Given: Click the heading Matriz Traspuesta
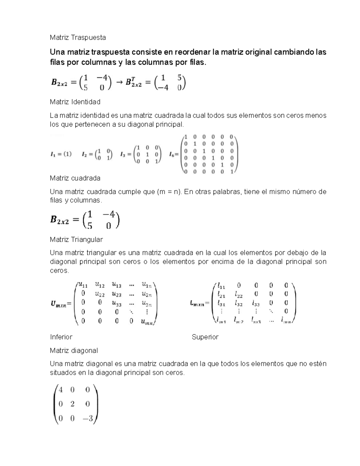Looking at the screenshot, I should (x=78, y=38).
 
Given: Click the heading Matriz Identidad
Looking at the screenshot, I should (x=75, y=102).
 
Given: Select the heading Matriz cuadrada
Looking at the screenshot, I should (x=75, y=178).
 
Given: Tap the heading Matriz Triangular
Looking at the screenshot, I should (x=76, y=239).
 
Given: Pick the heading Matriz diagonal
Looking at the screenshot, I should (x=74, y=350).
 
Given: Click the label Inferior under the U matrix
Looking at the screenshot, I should (x=61, y=337).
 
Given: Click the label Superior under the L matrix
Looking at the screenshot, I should (x=205, y=337).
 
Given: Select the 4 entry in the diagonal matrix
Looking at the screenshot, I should (x=61, y=390).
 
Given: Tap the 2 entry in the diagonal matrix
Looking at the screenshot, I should (x=72, y=404).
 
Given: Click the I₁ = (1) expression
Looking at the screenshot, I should (x=61, y=155).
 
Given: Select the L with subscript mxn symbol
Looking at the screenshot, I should (x=196, y=304).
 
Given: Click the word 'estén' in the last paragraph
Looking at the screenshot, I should (x=317, y=364).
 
